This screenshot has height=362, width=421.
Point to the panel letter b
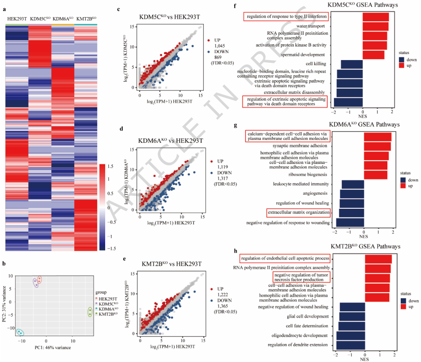4,264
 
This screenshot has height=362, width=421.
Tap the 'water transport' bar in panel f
375,26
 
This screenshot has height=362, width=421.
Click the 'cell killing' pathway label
316,63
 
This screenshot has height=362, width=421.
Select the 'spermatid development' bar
374,55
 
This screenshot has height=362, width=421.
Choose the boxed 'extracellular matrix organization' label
299,212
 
